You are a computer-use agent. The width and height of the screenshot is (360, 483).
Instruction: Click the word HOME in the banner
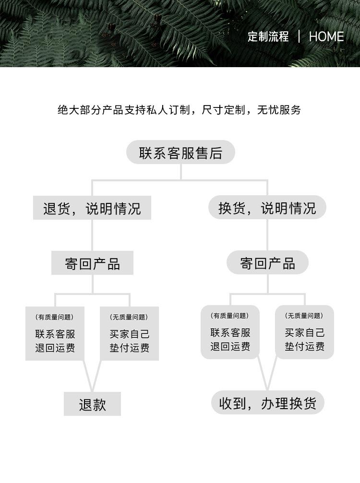(326, 37)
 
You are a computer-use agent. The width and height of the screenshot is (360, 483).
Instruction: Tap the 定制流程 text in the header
(268, 37)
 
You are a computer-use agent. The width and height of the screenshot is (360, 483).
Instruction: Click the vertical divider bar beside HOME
(299, 36)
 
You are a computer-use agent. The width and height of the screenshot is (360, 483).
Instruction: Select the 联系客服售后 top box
(180, 153)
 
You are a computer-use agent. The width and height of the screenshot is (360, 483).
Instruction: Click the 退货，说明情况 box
(92, 209)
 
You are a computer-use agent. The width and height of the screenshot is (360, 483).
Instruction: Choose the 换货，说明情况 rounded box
(267, 208)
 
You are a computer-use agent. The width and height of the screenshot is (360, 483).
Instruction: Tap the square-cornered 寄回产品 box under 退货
(92, 263)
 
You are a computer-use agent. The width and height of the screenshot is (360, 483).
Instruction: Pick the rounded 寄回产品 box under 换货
(267, 263)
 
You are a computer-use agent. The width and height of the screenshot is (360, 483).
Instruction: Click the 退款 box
(92, 404)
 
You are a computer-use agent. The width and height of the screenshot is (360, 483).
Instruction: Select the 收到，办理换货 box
(267, 403)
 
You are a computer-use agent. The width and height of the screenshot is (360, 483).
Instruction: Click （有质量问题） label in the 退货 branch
(54, 317)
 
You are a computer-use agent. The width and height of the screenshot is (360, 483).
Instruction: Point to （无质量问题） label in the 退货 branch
(129, 317)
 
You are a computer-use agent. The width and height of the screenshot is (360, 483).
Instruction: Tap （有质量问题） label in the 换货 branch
(229, 316)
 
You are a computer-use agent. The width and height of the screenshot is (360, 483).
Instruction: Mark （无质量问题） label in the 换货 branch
(304, 316)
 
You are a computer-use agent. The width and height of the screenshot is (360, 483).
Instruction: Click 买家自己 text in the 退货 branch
(129, 334)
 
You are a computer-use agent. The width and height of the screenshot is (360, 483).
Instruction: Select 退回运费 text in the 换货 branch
(230, 346)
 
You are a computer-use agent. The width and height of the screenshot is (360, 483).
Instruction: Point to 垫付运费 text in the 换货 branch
(304, 346)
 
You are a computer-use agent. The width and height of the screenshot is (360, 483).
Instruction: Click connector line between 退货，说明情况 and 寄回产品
(93, 236)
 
